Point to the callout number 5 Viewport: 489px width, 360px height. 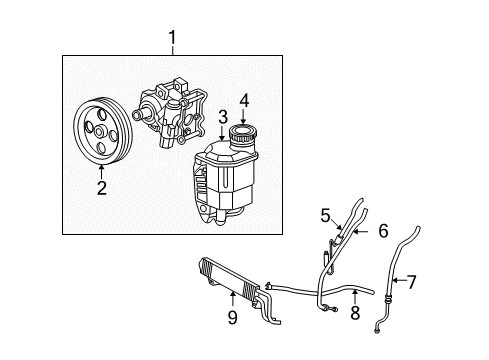pyautogui.click(x=324, y=214)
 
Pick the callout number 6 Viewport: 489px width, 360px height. pyautogui.click(x=383, y=231)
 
